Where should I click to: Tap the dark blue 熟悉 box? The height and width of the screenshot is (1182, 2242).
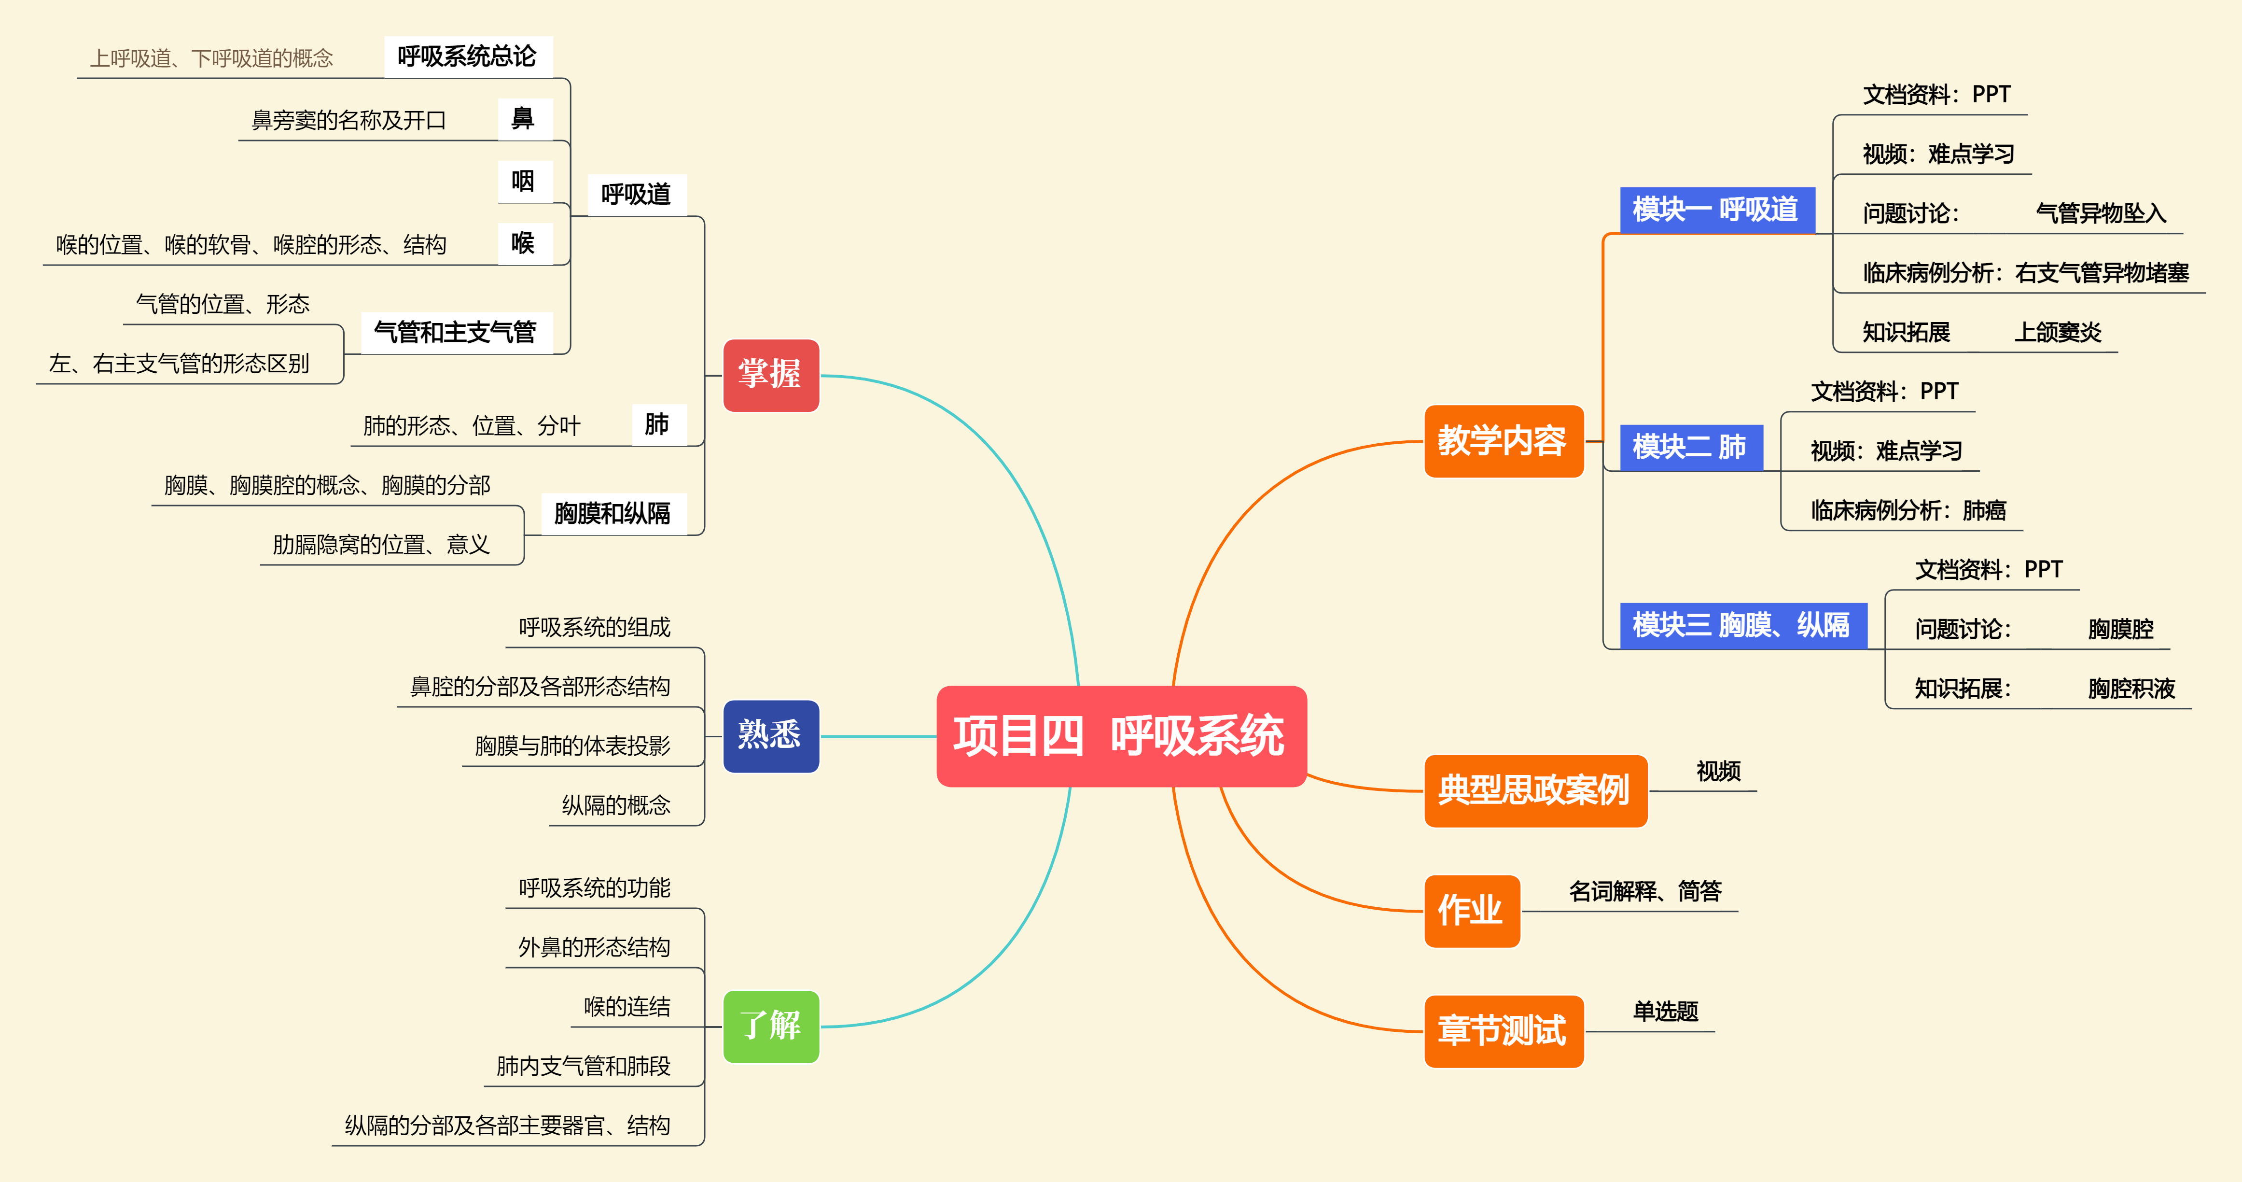[x=770, y=735]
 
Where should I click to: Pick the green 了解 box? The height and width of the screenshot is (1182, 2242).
[x=770, y=1026]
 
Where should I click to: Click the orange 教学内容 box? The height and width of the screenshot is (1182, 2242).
[x=1503, y=441]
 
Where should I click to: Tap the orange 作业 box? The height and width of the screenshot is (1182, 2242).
[x=1471, y=911]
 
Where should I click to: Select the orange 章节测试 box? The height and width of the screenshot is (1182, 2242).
[x=1503, y=1030]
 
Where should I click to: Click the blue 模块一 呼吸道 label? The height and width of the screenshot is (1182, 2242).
[x=1715, y=210]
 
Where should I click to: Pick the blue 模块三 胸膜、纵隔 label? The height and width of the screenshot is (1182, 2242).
[x=1741, y=625]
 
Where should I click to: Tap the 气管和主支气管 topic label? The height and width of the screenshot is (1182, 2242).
[x=455, y=333]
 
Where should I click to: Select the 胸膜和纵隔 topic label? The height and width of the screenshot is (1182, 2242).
[x=613, y=514]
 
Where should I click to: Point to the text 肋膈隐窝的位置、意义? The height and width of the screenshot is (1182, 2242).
[x=381, y=545]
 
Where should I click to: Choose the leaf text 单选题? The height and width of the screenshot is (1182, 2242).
[x=1665, y=1012]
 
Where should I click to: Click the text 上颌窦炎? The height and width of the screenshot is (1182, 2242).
[x=2058, y=333]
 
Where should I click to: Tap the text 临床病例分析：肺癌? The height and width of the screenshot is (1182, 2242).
[x=1908, y=510]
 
